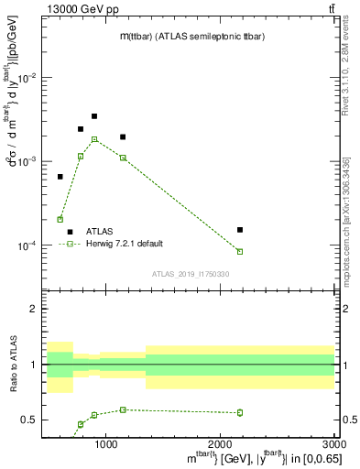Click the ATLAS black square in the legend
[x=70, y=232]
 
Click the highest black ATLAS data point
[x=94, y=116]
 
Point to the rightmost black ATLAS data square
[x=240, y=230]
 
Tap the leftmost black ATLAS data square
[x=60, y=177]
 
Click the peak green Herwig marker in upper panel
[x=94, y=139]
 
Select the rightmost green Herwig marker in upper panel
[x=240, y=251]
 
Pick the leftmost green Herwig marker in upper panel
[x=60, y=220]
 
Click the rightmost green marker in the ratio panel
[x=240, y=412]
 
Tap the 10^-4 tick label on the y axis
[x=27, y=245]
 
